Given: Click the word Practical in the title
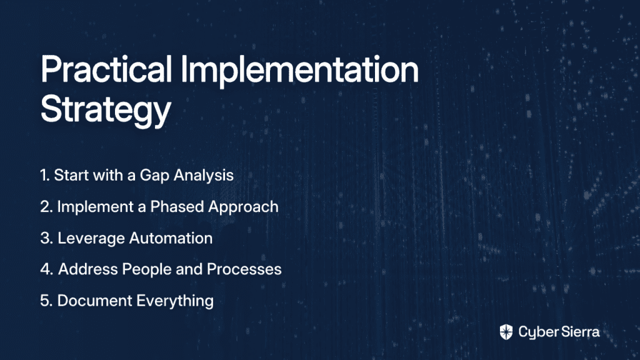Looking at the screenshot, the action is click(x=106, y=69).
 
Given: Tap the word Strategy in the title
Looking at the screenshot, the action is click(x=106, y=110).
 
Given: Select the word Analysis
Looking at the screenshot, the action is click(x=204, y=176).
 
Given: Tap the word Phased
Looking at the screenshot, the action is click(x=177, y=206).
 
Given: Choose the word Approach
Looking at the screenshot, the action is click(x=243, y=207).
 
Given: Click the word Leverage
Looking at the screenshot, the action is click(x=91, y=239).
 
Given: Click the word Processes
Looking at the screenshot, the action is click(x=244, y=269).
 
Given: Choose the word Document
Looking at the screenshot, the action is click(x=95, y=301).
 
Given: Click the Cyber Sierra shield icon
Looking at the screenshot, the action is click(x=506, y=332).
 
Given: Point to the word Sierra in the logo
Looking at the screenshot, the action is click(x=579, y=332).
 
